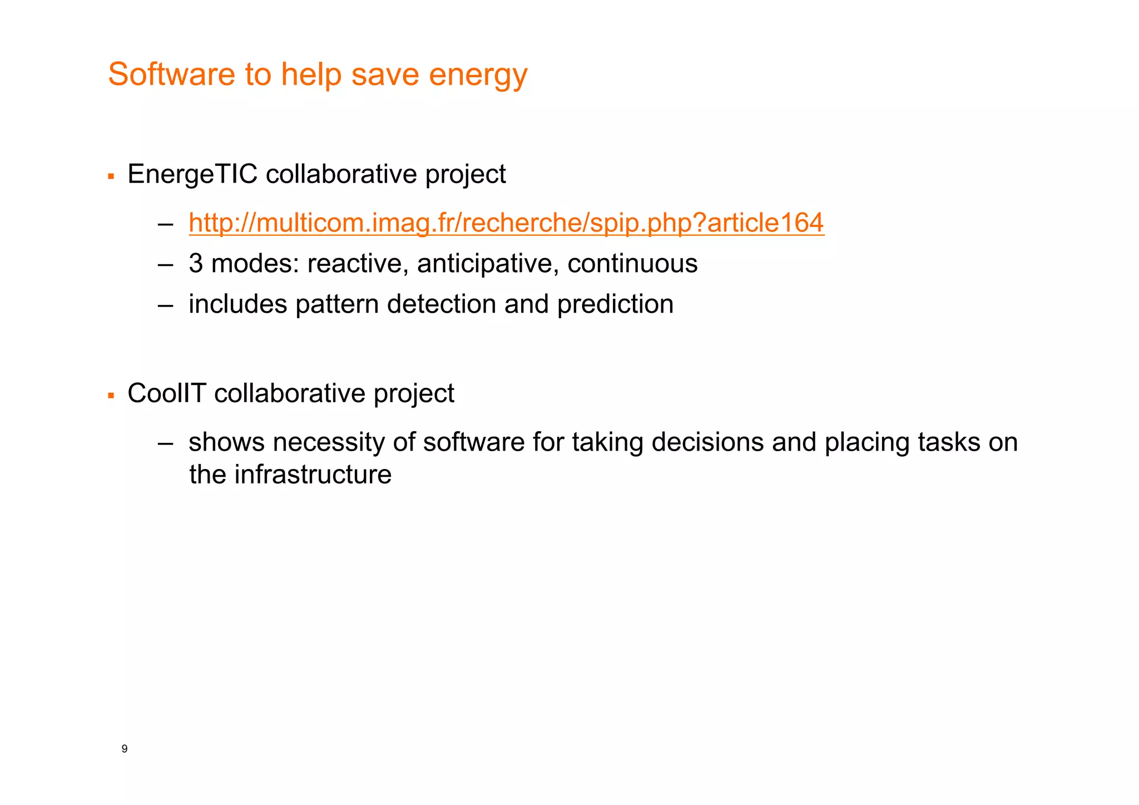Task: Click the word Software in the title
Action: (x=171, y=74)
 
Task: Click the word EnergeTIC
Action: (x=192, y=174)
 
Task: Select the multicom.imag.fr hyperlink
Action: (x=506, y=223)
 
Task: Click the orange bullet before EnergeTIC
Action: (x=111, y=177)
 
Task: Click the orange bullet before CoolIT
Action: (x=111, y=396)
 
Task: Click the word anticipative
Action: (x=488, y=264)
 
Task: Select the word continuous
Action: (x=632, y=264)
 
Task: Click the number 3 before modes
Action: (x=196, y=264)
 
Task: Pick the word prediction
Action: (x=615, y=304)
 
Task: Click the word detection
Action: (x=442, y=304)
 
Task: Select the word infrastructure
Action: (x=313, y=475)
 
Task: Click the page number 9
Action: (x=125, y=749)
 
